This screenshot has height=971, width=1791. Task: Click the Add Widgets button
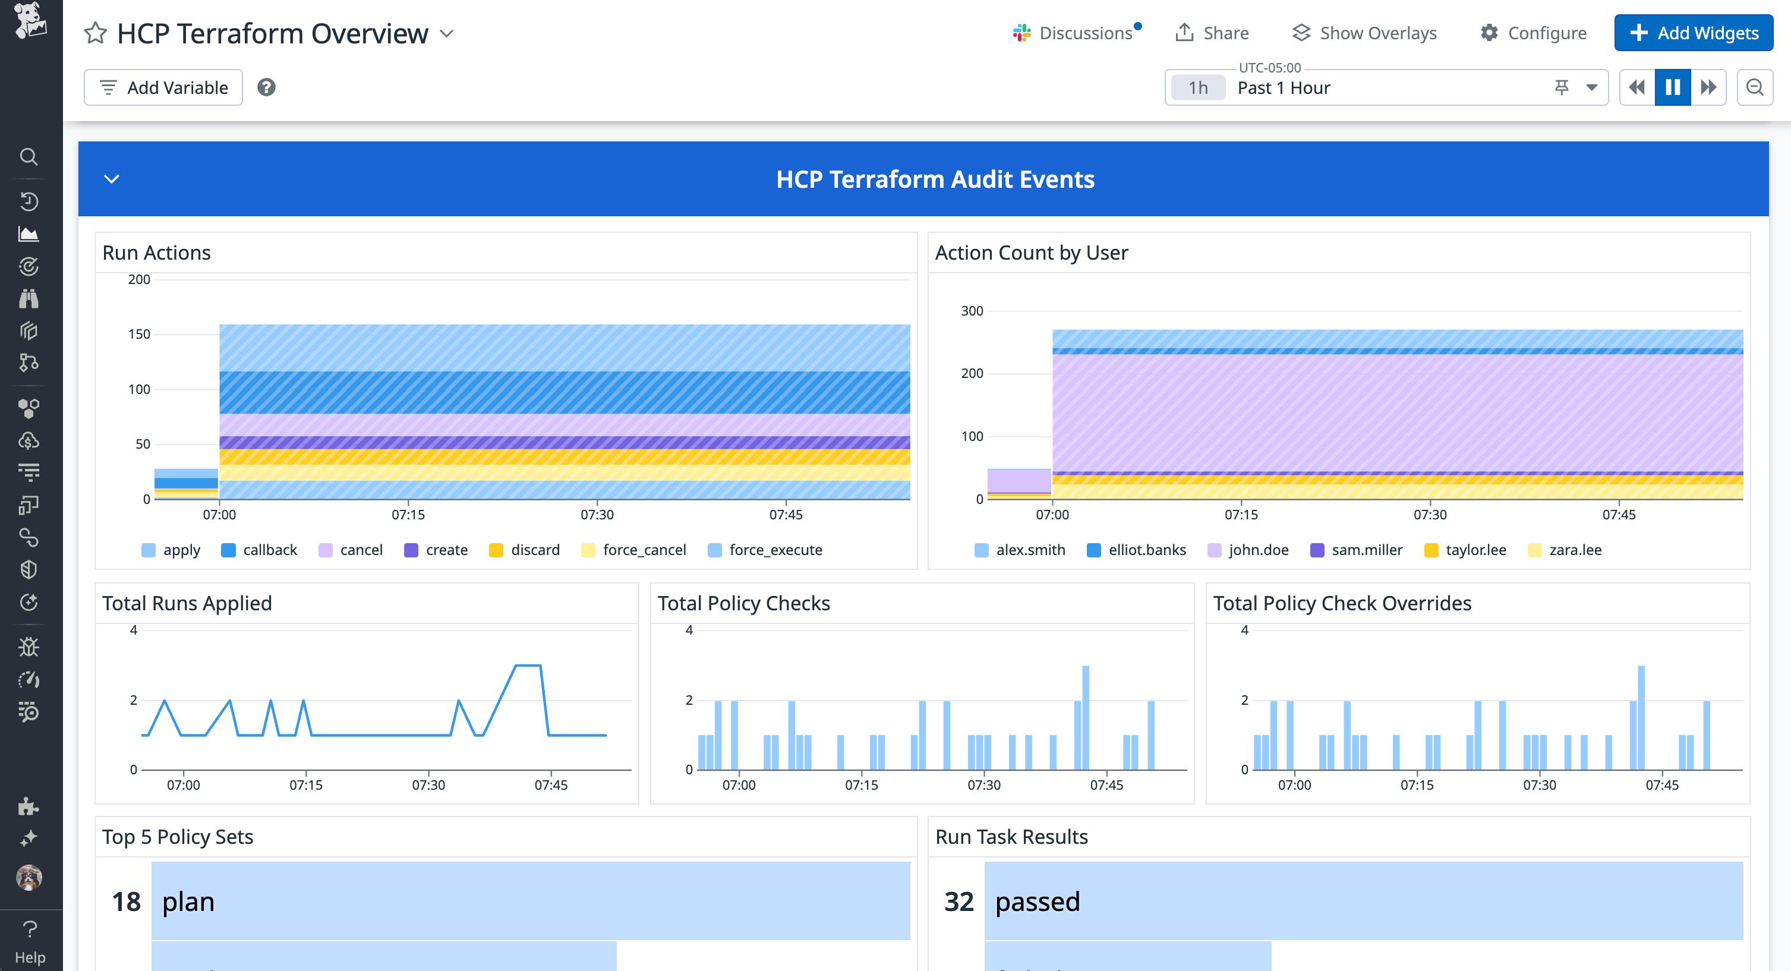tap(1693, 33)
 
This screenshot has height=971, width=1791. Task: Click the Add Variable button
tap(163, 87)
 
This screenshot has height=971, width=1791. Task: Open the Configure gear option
tap(1533, 33)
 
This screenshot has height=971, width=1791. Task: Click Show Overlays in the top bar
tap(1364, 33)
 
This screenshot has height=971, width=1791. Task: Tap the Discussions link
tap(1076, 33)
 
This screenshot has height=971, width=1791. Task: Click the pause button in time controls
tap(1672, 87)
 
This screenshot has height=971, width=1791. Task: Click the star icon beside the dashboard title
tap(95, 33)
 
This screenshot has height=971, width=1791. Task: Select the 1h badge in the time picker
tap(1197, 87)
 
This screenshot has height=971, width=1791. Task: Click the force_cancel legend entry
tap(634, 550)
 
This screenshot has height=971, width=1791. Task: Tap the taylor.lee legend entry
tap(1465, 550)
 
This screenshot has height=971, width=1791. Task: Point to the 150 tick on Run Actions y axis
tap(139, 335)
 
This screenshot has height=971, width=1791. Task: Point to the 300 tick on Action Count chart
tap(972, 311)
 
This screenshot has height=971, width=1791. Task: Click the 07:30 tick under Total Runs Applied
tap(428, 785)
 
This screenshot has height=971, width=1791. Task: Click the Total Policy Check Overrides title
tap(1342, 603)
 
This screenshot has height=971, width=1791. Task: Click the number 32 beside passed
tap(958, 901)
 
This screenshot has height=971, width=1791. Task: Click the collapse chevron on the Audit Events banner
tap(111, 179)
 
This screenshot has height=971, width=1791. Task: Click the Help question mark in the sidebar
tap(30, 929)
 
